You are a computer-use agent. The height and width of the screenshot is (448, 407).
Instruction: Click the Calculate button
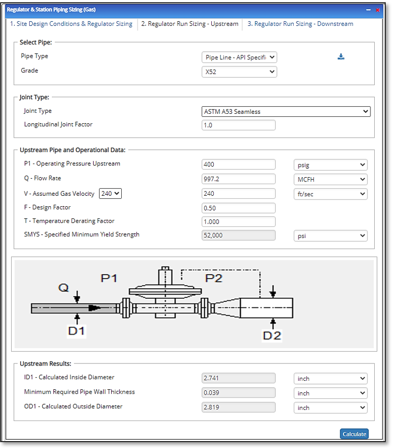(354, 434)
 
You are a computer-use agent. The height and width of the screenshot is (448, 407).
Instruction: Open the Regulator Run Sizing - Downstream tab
(300, 24)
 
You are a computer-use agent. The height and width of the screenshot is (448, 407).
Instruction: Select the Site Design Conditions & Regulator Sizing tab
(71, 24)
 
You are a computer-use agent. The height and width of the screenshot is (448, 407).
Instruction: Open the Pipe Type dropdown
(239, 57)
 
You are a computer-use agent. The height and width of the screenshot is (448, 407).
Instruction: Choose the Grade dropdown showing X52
(239, 71)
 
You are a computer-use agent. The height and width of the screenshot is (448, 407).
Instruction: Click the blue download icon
(341, 57)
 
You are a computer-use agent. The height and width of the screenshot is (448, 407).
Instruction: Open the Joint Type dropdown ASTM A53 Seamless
(286, 112)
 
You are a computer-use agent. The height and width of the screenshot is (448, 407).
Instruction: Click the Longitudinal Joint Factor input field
(239, 125)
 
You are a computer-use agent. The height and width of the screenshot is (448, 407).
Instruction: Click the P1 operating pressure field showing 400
(239, 164)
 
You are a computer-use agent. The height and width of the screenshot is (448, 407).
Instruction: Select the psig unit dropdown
(330, 165)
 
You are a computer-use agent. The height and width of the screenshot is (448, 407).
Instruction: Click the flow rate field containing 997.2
(239, 179)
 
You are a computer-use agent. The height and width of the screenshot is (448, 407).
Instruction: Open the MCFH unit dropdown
(330, 179)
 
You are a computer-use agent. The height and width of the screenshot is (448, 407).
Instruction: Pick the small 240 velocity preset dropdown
(111, 194)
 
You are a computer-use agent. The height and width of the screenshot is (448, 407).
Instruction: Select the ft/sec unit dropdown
(330, 194)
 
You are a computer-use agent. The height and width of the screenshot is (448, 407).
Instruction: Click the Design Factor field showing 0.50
(239, 208)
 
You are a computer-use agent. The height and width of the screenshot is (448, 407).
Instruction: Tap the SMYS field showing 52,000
(239, 235)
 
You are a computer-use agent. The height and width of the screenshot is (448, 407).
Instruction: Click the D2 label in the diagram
(272, 335)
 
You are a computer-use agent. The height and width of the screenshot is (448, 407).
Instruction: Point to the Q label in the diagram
(64, 288)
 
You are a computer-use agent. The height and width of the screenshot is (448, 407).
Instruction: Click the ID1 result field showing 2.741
(239, 378)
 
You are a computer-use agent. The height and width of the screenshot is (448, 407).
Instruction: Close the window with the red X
(378, 10)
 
